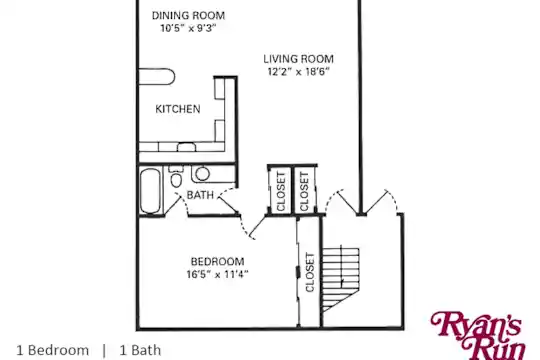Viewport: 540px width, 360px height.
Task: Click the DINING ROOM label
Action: (x=188, y=16)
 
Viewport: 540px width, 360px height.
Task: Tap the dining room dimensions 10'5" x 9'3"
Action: (x=188, y=28)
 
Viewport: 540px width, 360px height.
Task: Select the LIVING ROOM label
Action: (x=299, y=59)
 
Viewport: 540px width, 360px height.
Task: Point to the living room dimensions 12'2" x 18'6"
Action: (x=299, y=72)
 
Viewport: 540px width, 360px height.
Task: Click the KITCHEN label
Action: (x=178, y=109)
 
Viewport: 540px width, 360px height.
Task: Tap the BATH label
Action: (x=200, y=195)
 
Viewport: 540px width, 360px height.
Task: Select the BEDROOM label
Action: (x=218, y=261)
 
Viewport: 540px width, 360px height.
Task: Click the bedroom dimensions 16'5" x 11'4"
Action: (x=218, y=274)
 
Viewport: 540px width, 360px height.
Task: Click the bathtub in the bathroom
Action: (x=150, y=191)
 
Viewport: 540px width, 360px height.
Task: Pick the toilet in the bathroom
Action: (x=176, y=176)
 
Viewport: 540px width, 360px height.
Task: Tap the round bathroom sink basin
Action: (x=202, y=174)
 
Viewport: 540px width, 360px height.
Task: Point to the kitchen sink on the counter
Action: (x=186, y=147)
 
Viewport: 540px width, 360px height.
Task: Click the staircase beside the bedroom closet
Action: (x=341, y=278)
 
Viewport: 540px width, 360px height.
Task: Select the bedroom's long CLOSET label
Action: (x=310, y=272)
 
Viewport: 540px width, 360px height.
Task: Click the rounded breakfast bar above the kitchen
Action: (x=157, y=76)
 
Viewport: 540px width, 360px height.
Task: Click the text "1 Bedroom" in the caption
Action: (x=53, y=350)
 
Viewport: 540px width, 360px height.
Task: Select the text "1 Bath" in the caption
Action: (x=140, y=350)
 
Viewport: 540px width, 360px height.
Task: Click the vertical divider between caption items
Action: (x=104, y=350)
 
